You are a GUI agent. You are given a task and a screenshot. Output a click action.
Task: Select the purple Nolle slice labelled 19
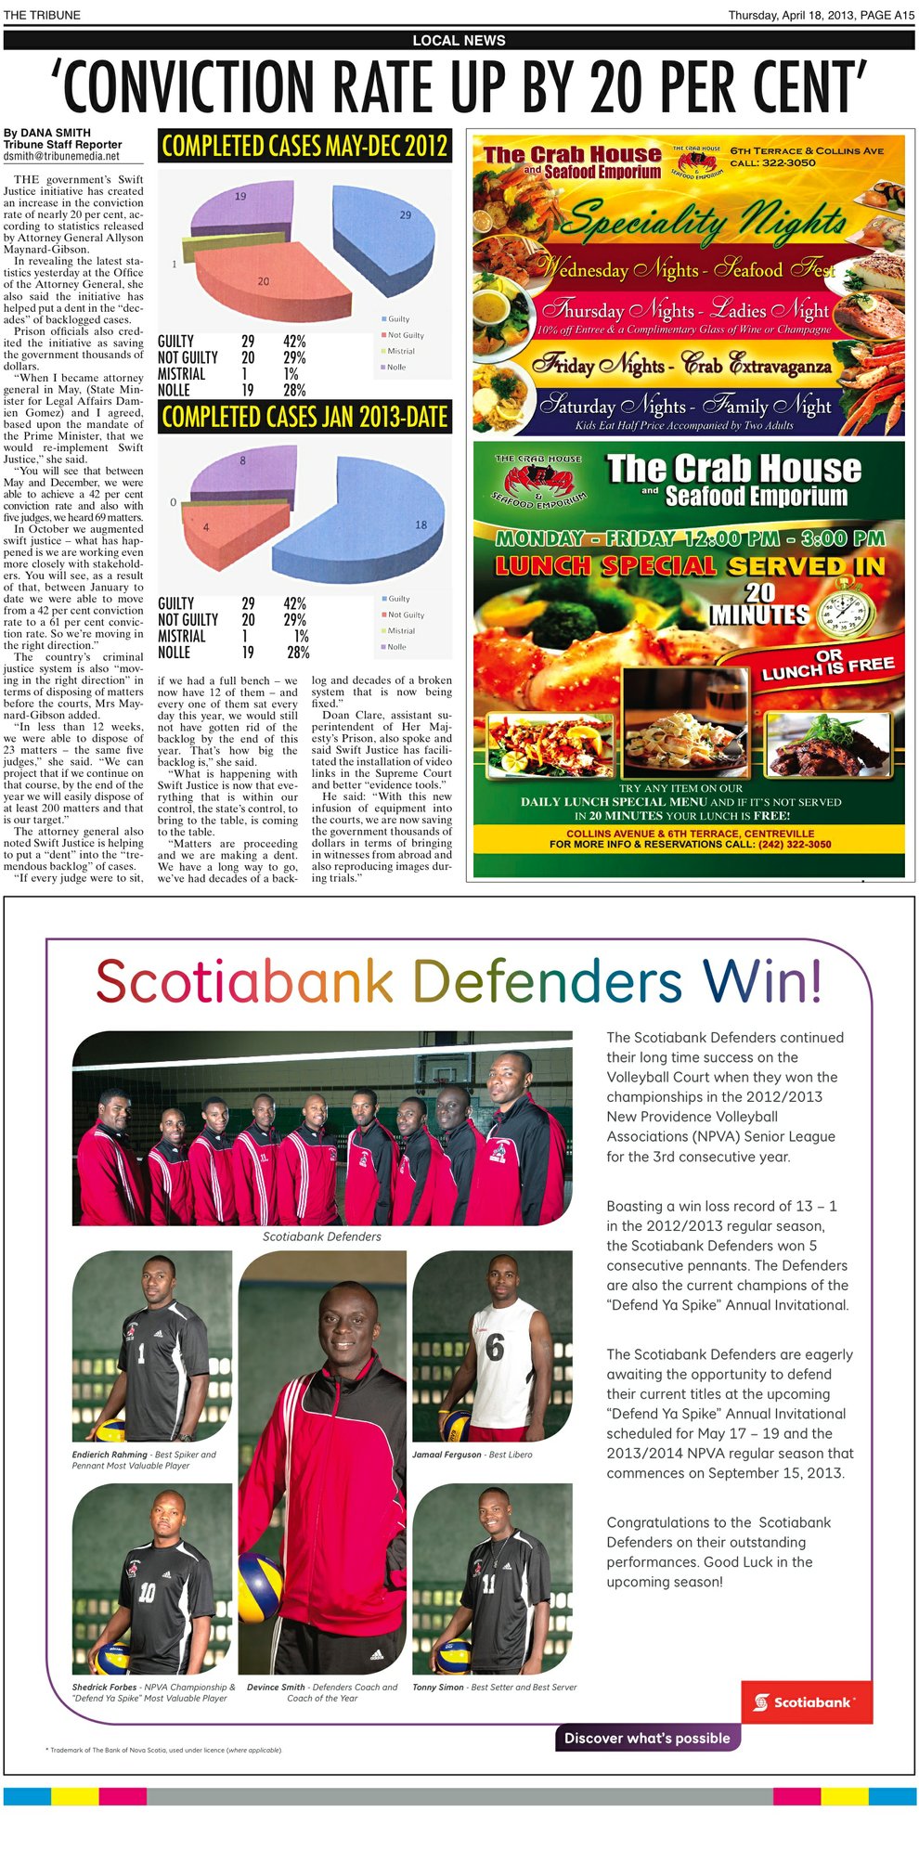tap(237, 209)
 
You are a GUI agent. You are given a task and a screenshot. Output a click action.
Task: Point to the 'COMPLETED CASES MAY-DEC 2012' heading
tap(304, 146)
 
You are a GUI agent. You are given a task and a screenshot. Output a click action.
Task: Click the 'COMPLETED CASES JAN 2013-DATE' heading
tap(304, 417)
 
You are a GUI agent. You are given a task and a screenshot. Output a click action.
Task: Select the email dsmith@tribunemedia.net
tap(61, 157)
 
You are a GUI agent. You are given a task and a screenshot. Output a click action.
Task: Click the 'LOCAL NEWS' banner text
tap(459, 40)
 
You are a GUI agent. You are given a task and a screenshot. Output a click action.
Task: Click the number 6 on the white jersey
tap(495, 1347)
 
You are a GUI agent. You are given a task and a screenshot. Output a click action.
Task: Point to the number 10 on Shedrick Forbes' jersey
tap(148, 1593)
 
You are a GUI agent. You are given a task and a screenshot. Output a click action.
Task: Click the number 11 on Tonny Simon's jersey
tap(489, 1583)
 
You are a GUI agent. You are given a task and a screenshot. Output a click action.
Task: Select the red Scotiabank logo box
tap(806, 1701)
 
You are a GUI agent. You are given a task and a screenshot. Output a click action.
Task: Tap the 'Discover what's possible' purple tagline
tap(647, 1738)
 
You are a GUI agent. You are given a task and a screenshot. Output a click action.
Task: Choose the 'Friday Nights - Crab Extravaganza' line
tap(682, 365)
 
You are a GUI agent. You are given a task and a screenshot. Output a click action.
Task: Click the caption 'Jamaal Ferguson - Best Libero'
tap(472, 1455)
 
